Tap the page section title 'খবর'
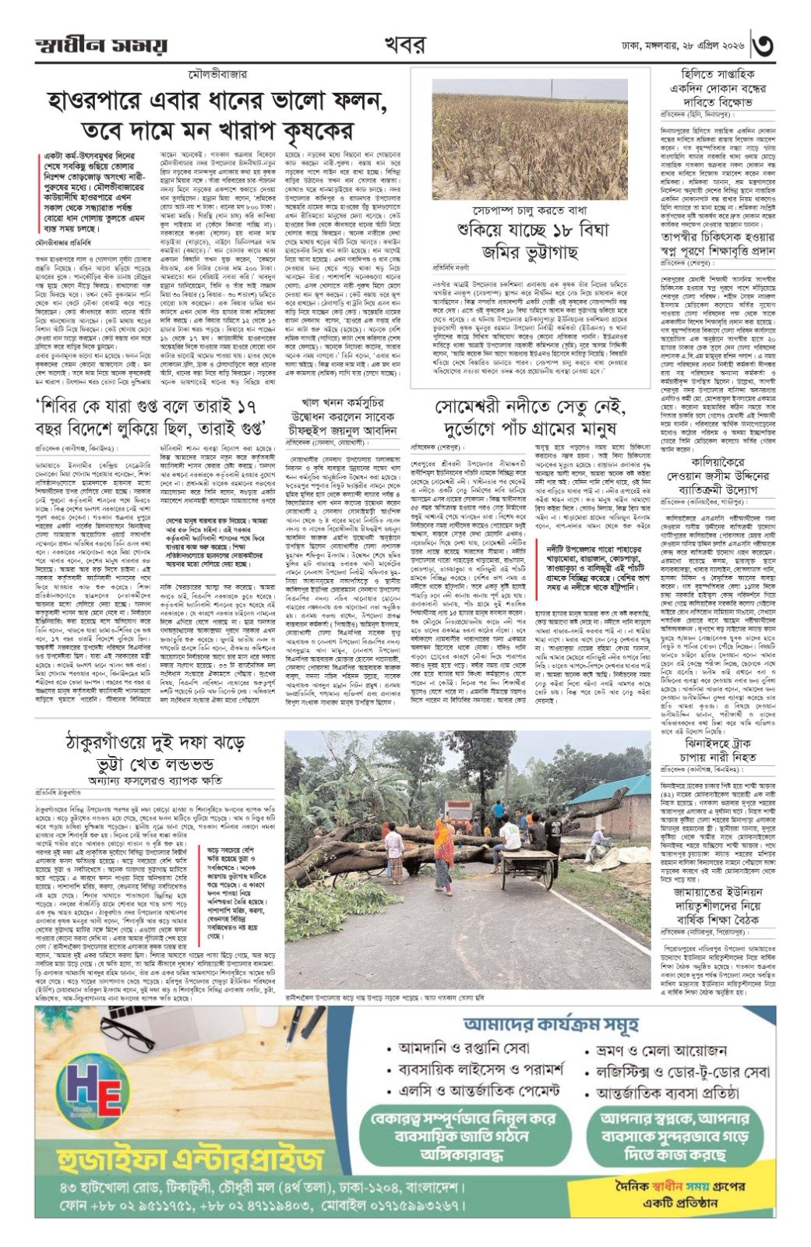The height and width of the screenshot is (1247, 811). [x=404, y=45]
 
